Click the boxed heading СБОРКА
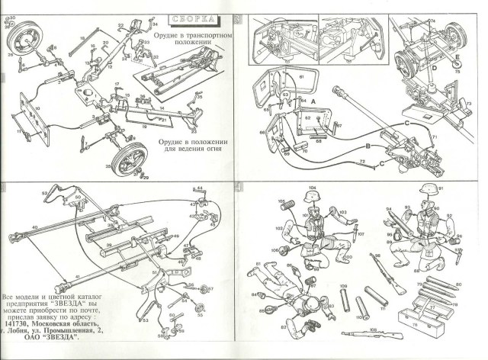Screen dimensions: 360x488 (x=193, y=17)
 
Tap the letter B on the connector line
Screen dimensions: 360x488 (x=368, y=145)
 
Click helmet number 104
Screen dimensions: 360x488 (x=312, y=196)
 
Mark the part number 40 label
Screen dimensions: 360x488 (x=34, y=227)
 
